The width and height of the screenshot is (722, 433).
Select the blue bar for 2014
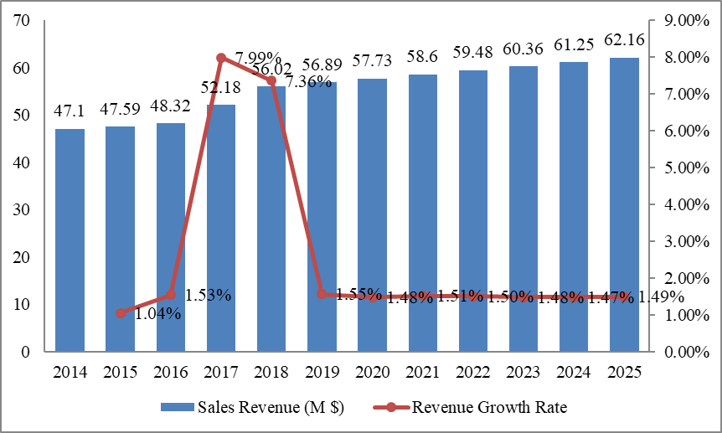point(70,240)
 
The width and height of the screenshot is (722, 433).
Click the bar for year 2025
point(624,204)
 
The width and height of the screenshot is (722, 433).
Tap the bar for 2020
point(372,215)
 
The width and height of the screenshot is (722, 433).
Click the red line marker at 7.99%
point(221,58)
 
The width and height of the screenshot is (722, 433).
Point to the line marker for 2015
point(121,313)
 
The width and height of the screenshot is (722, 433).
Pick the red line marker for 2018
point(271,80)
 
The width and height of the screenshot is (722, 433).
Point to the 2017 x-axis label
point(221,372)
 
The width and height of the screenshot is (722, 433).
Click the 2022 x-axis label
point(473,372)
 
